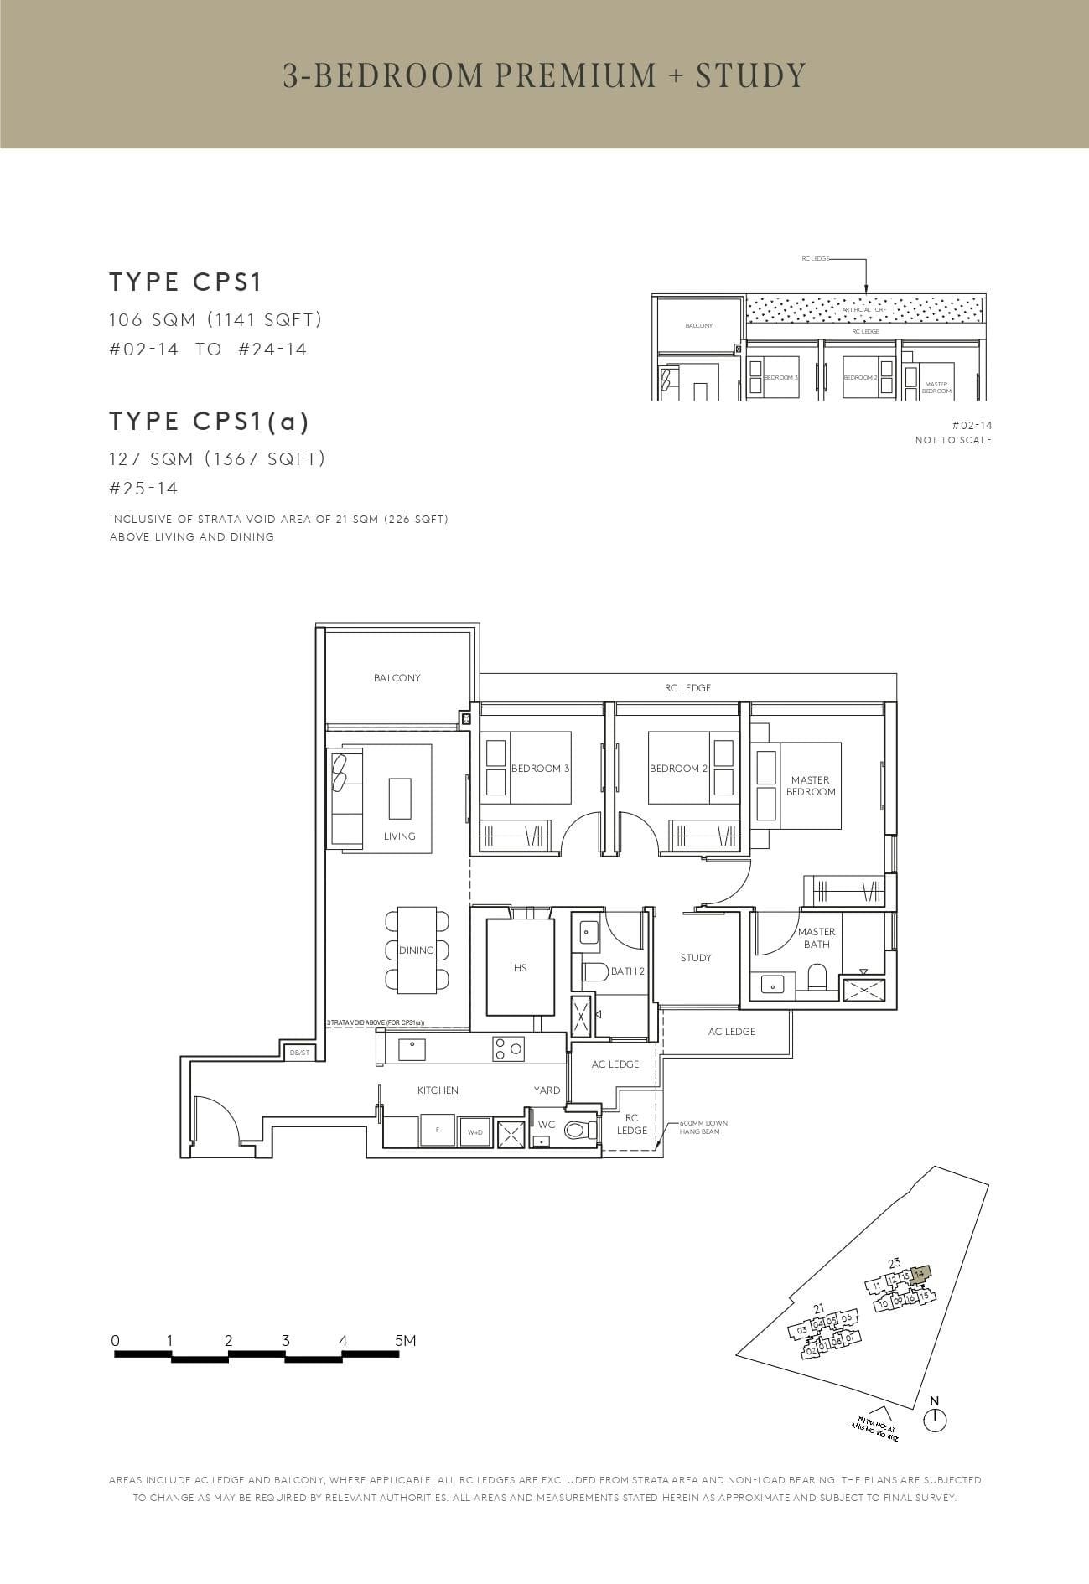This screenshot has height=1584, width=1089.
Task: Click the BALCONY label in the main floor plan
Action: tap(397, 677)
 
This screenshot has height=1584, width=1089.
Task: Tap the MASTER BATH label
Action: tap(816, 937)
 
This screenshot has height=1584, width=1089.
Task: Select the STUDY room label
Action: tap(696, 957)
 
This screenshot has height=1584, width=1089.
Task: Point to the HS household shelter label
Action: tap(520, 967)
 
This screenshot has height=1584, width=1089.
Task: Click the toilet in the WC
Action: tap(579, 1131)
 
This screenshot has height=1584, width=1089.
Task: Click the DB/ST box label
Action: tap(299, 1052)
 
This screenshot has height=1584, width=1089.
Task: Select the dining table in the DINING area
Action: tap(417, 950)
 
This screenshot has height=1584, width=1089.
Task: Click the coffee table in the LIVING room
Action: tap(400, 799)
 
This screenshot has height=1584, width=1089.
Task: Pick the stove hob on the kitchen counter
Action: tap(508, 1048)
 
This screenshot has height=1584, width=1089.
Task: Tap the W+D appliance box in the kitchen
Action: tap(475, 1131)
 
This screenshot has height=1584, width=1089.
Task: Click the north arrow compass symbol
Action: tap(934, 1420)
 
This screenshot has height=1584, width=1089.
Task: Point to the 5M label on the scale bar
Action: tap(405, 1340)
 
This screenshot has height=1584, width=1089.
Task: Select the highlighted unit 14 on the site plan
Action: tap(920, 1273)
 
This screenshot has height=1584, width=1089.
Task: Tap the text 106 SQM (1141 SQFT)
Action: tap(215, 319)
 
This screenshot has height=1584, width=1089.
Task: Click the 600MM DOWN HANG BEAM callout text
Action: tap(697, 1126)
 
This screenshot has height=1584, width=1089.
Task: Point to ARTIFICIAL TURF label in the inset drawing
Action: tap(863, 309)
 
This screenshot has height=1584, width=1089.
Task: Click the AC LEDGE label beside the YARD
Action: tap(615, 1064)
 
